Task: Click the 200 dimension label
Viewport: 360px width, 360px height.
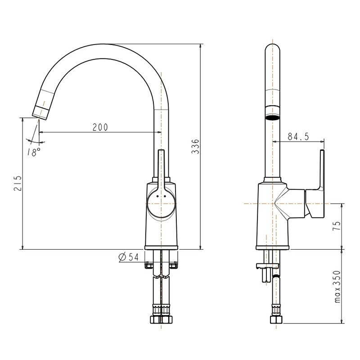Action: [100, 127]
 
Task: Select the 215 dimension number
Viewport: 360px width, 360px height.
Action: [18, 183]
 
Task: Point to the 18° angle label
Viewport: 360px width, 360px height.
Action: [34, 152]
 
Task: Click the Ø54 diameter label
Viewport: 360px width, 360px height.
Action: [128, 257]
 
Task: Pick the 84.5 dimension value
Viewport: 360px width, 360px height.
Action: [298, 137]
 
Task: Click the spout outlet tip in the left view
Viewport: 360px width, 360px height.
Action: [41, 112]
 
